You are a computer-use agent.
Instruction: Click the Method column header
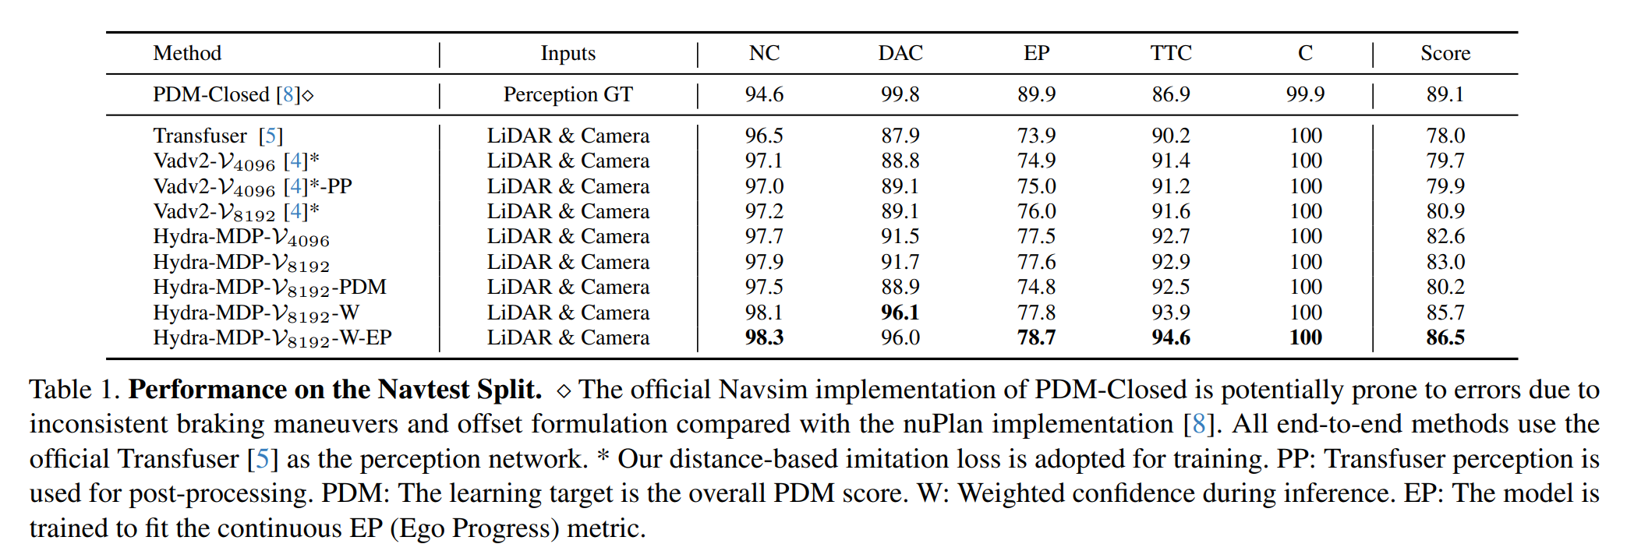click(187, 53)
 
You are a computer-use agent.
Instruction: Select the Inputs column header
click(568, 53)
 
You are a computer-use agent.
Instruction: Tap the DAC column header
click(900, 53)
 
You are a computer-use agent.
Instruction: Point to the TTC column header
click(1171, 53)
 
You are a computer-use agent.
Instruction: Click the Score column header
click(1445, 53)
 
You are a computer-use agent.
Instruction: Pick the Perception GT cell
click(568, 94)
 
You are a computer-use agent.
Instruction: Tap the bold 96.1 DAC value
click(900, 313)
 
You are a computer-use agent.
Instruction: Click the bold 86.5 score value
click(1445, 337)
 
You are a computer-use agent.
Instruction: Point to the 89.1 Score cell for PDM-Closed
click(1445, 94)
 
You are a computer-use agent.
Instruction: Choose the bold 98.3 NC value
click(764, 337)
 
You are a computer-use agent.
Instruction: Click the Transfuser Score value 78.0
click(1445, 136)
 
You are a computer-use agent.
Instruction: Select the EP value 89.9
click(1036, 94)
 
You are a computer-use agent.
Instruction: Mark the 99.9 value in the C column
click(1305, 94)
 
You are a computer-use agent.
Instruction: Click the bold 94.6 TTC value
click(1171, 337)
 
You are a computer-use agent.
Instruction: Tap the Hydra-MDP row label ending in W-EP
click(272, 337)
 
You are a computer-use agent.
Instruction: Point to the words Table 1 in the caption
click(74, 389)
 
